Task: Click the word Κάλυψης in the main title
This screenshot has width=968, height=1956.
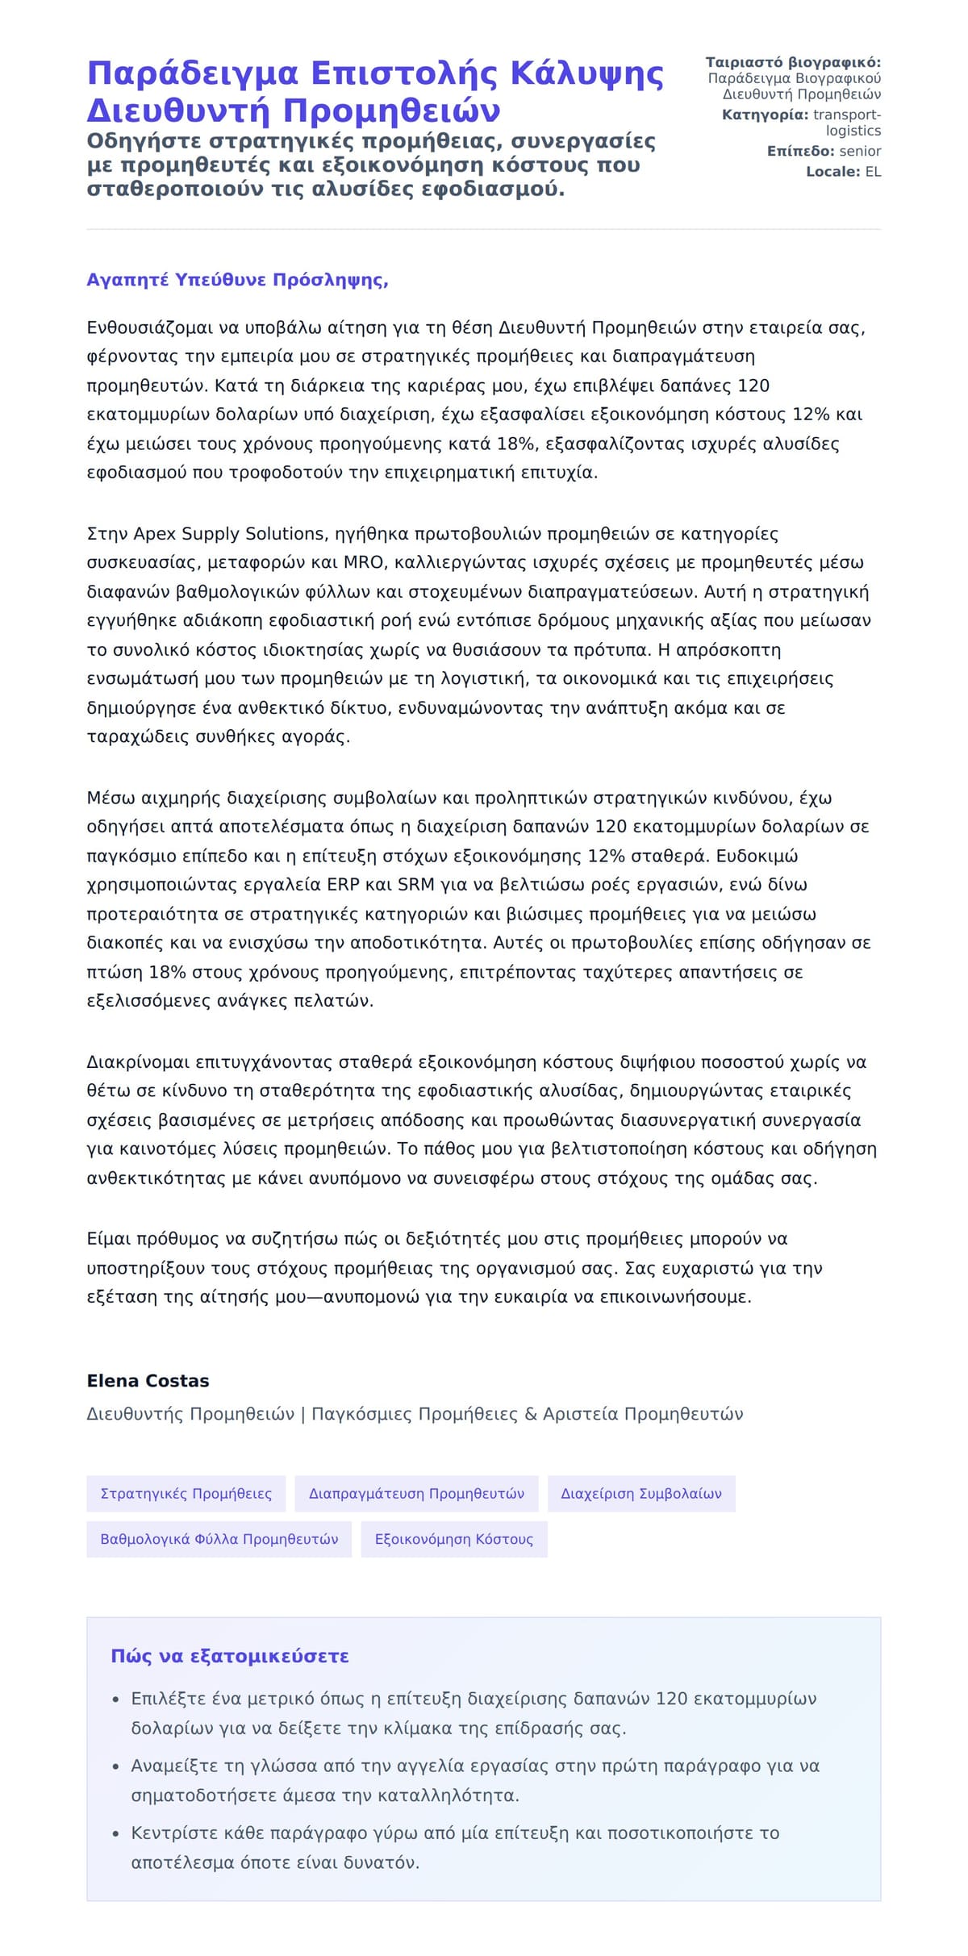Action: point(586,74)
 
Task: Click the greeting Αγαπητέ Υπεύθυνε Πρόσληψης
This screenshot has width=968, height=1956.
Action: point(237,280)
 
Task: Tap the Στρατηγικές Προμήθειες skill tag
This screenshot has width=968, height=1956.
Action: point(186,1493)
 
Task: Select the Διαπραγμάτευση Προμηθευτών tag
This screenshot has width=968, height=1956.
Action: point(416,1493)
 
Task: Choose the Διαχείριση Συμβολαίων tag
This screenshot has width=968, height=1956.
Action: point(640,1493)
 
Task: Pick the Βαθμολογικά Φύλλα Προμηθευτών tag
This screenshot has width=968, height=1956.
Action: point(219,1538)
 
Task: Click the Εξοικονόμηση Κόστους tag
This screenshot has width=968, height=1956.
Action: point(453,1538)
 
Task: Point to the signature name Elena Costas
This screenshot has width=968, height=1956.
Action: point(148,1380)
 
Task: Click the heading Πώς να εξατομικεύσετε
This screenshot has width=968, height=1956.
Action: point(230,1656)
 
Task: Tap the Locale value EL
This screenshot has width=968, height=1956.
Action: point(873,172)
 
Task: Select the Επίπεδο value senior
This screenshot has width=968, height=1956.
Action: point(860,151)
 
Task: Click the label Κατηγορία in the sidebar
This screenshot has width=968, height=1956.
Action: point(764,115)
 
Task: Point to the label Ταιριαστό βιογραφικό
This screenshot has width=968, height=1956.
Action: point(793,63)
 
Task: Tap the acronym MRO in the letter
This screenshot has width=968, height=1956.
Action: point(363,562)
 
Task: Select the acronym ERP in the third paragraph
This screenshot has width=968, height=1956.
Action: point(343,884)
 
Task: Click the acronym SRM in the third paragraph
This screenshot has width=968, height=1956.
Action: point(417,884)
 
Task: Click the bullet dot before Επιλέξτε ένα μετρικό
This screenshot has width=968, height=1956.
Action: point(116,1700)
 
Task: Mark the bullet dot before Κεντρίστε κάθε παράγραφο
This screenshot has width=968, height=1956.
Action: point(116,1833)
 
